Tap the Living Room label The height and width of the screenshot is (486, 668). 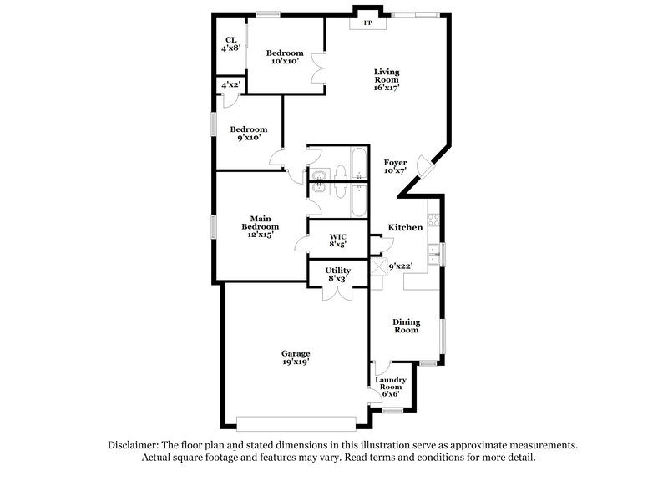click(387, 79)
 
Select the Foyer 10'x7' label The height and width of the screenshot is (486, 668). click(395, 166)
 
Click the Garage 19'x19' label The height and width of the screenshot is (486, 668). click(296, 357)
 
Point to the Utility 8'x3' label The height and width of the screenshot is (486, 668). click(338, 275)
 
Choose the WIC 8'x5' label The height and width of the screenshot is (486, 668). click(337, 241)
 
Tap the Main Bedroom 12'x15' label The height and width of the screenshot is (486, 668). click(261, 226)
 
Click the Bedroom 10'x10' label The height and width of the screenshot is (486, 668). click(285, 57)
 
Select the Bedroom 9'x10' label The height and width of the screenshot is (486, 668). click(249, 134)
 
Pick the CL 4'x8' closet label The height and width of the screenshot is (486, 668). click(230, 44)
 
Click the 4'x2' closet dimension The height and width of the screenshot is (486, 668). click(230, 85)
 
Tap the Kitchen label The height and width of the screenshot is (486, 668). click(405, 227)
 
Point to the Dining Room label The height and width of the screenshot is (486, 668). click(407, 326)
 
